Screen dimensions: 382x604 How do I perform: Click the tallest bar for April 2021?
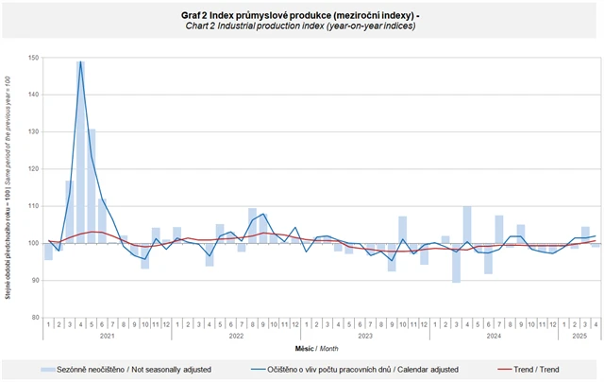(81, 151)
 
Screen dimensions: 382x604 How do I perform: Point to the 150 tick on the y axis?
(33, 59)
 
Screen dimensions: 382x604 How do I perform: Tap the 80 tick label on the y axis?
(34, 317)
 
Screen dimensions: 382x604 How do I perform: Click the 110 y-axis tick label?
(33, 206)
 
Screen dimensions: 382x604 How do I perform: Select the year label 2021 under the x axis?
(108, 336)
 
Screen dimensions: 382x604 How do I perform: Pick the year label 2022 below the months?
(236, 336)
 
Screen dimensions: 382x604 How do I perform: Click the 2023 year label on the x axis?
(365, 336)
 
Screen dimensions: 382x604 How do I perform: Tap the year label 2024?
(494, 336)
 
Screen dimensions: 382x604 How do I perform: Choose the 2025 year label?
(579, 336)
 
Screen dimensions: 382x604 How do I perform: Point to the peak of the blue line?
(81, 62)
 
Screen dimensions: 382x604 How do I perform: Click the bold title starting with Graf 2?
(301, 15)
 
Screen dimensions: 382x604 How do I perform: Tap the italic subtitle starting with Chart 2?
(300, 26)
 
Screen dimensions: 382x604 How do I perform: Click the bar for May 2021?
(92, 185)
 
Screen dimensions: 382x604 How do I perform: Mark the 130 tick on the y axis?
(33, 132)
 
